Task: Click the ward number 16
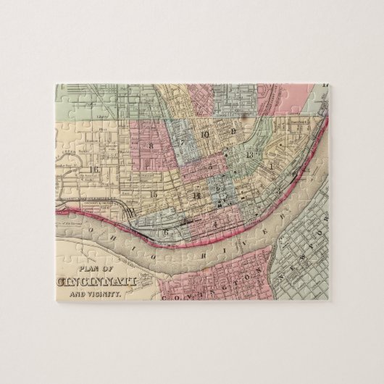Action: pyautogui.click(x=93, y=170)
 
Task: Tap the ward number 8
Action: pyautogui.click(x=151, y=146)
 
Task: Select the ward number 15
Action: pyautogui.click(x=153, y=194)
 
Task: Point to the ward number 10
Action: pyautogui.click(x=205, y=134)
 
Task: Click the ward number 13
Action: pyautogui.click(x=250, y=154)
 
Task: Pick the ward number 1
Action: pyautogui.click(x=271, y=167)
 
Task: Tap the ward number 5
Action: pyautogui.click(x=210, y=166)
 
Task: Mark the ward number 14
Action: pyautogui.click(x=196, y=195)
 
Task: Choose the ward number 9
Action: pyautogui.click(x=233, y=132)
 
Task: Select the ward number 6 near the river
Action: pyautogui.click(x=166, y=231)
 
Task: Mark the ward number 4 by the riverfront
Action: pyautogui.click(x=215, y=223)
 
